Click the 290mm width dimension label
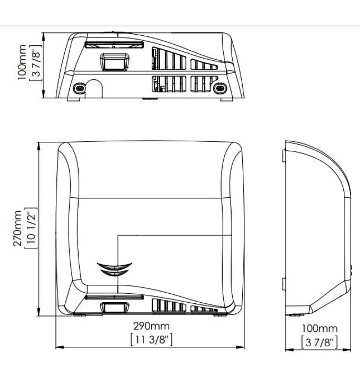point(151,326)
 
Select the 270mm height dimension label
point(17,228)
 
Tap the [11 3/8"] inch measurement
point(151,340)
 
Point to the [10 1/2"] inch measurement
point(31,228)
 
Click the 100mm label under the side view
point(319,328)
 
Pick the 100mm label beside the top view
point(22,63)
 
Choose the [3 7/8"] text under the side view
point(319,342)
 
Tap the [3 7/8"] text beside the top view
point(36,63)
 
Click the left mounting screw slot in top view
point(79,88)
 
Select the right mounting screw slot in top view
point(220,88)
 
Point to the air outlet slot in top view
point(114,45)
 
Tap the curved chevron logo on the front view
point(114,269)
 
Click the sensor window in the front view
point(114,307)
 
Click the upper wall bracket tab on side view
point(284,156)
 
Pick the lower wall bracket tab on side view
point(284,284)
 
